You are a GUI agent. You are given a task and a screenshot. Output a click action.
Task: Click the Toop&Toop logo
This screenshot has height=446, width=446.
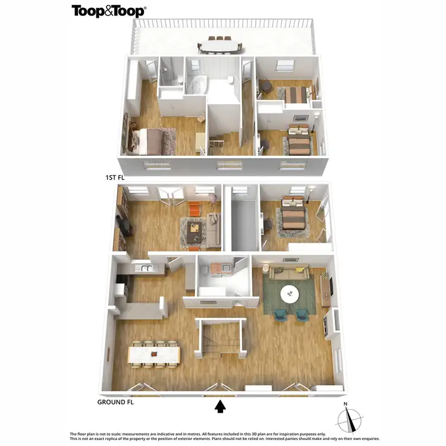[109, 11]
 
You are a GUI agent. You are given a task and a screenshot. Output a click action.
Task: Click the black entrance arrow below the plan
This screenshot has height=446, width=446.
[220, 406]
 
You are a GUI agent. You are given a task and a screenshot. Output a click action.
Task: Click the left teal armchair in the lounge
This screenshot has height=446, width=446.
[280, 315]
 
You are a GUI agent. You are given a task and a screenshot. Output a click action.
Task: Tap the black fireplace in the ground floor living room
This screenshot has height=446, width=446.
[124, 227]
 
